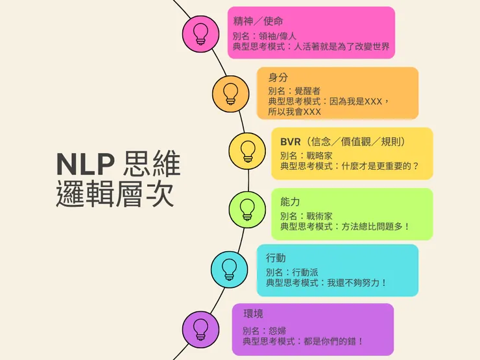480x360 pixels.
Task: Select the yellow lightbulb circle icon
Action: pos(247,151)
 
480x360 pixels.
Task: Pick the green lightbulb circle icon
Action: pos(247,209)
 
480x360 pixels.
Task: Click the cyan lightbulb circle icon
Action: pos(229,268)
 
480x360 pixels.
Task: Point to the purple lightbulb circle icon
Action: pos(200,327)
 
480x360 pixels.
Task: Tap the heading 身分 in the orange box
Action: pos(278,77)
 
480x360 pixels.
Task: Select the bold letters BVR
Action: pos(292,141)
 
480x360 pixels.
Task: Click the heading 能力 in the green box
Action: pos(290,202)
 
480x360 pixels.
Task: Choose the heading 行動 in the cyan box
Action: pos(276,258)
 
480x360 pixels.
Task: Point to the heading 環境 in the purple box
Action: pos(253,314)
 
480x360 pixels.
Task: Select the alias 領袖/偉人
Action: pos(278,36)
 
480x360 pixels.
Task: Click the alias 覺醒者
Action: pos(307,91)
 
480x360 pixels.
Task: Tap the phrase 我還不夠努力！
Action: pos(357,283)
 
